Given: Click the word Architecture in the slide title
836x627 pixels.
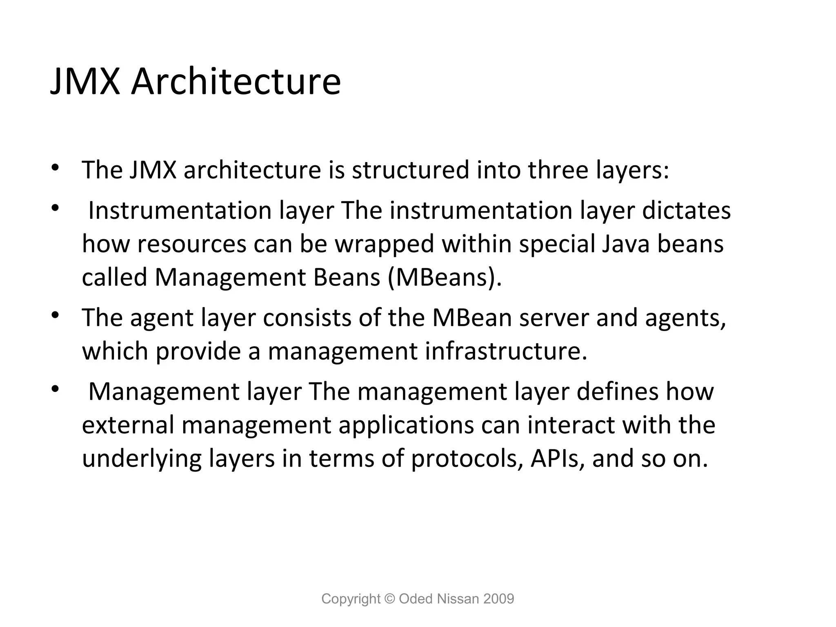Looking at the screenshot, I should tap(236, 82).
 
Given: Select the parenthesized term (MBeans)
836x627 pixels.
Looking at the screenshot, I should tap(444, 278).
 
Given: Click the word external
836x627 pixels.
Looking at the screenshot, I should tap(128, 425).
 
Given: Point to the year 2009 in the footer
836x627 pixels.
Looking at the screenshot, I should tap(498, 599).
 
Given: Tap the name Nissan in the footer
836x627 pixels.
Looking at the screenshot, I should tap(456, 599).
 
